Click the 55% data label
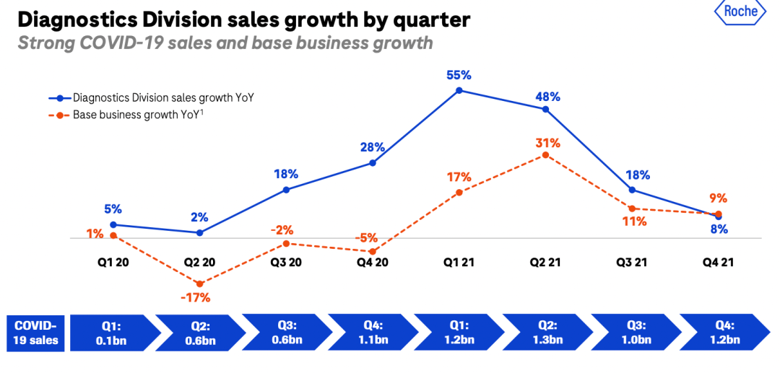459,74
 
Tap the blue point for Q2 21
546,109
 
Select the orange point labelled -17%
199,284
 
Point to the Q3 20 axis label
286,263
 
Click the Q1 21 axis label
459,263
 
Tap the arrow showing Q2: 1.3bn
545,333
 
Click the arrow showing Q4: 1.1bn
373,333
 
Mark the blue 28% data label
373,147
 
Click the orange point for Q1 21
459,192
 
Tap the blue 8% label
719,229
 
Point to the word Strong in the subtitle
45,43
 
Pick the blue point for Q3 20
286,190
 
